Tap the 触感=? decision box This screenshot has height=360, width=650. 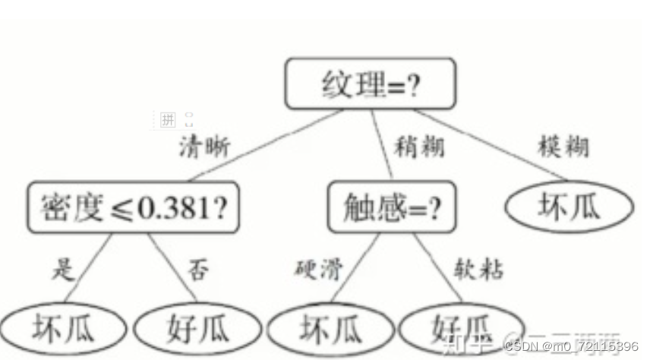pos(393,206)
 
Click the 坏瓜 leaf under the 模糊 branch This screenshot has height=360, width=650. pos(568,206)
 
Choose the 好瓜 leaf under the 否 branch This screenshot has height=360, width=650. pos(197,329)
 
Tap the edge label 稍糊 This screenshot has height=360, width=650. pos(419,147)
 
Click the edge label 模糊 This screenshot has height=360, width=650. pos(563,147)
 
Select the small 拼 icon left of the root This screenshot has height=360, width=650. pos(168,119)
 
